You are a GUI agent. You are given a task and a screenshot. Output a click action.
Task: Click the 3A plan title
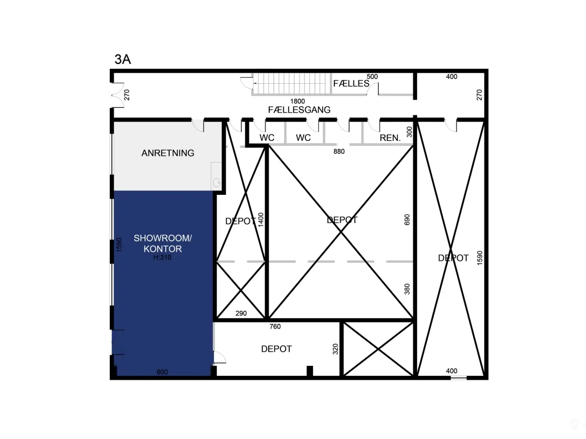click(x=123, y=59)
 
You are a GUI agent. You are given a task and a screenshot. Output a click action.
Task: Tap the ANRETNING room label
click(x=168, y=153)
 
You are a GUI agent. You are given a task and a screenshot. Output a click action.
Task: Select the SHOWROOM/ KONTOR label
click(x=163, y=243)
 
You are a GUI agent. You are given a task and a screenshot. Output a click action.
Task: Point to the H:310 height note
click(x=162, y=257)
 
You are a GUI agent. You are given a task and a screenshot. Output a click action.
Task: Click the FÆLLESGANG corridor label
click(x=299, y=110)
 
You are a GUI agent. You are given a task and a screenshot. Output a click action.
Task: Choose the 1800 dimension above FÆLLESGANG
click(x=298, y=101)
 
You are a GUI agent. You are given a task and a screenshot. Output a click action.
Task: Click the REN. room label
click(x=390, y=138)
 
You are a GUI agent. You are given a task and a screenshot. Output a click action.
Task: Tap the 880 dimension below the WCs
click(x=339, y=151)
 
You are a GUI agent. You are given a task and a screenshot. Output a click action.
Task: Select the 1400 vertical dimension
click(x=261, y=220)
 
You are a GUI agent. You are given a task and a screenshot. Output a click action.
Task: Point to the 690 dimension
click(x=407, y=219)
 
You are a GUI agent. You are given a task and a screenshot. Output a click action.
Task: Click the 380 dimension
click(x=407, y=289)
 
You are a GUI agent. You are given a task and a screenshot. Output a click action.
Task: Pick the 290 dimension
click(x=241, y=313)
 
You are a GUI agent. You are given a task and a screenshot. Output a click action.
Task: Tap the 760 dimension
click(x=275, y=327)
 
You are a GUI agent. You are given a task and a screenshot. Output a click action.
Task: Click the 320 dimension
click(x=335, y=349)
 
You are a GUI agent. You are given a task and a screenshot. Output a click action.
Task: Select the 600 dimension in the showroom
click(x=163, y=372)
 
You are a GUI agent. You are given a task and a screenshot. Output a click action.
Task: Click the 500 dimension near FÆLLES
click(x=372, y=77)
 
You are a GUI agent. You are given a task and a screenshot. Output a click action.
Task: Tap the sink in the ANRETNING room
click(x=216, y=183)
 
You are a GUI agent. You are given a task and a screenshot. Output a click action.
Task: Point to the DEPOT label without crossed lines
click(x=277, y=349)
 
